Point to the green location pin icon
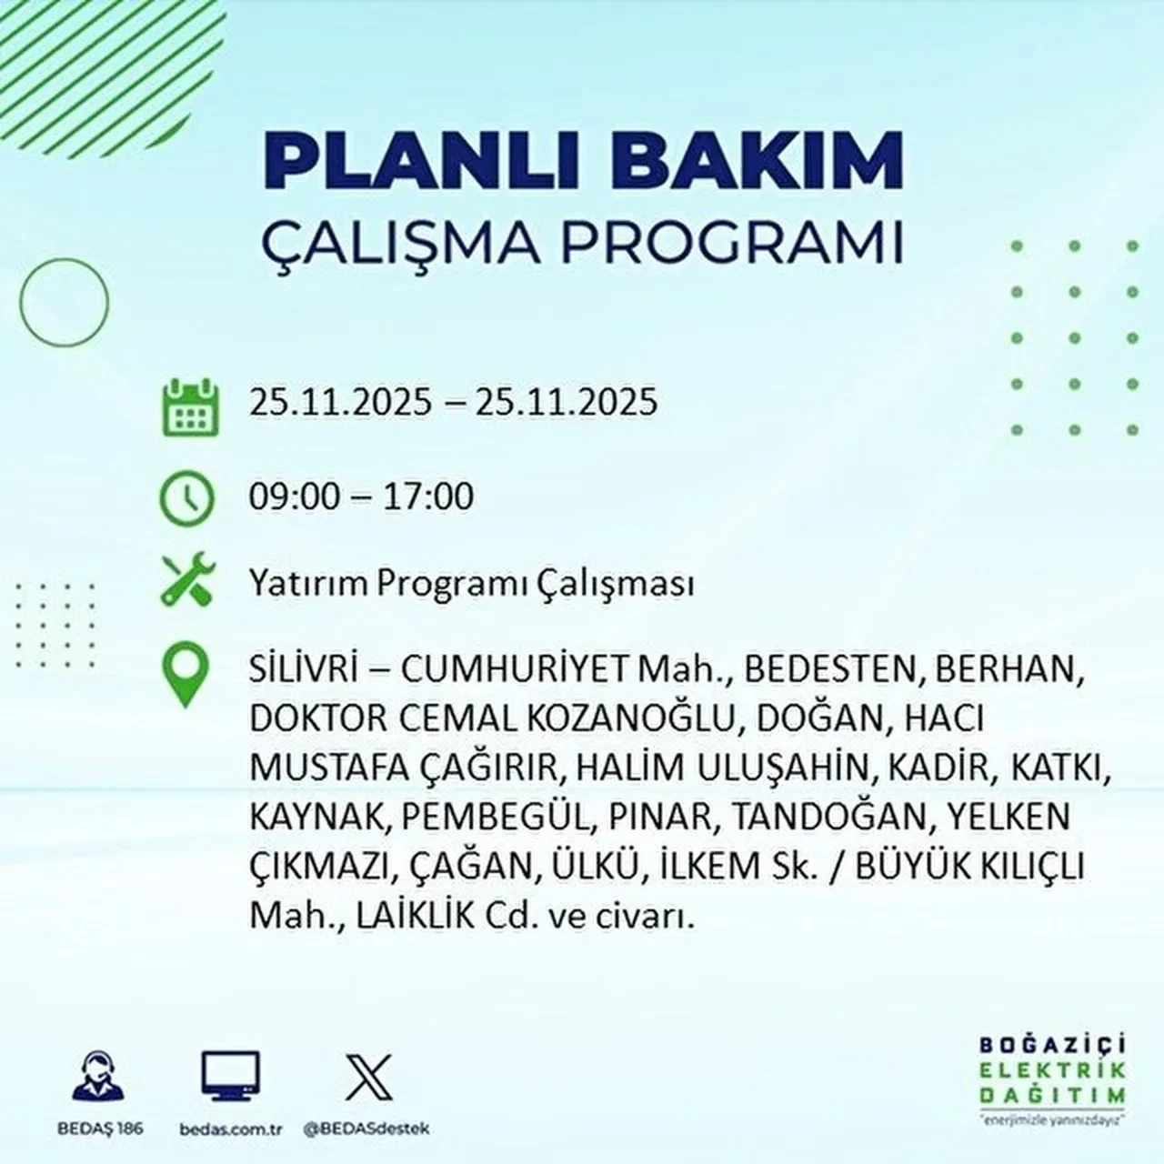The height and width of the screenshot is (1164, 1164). (185, 675)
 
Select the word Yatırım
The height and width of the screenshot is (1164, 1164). (306, 584)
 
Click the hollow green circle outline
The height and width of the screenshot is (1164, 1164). (64, 301)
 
